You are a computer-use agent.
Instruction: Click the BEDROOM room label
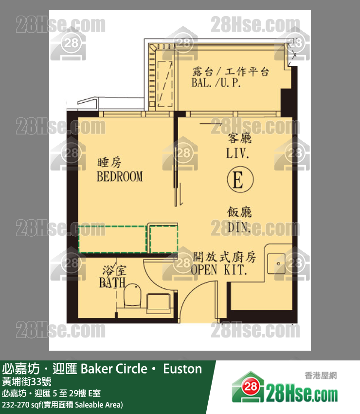(120, 177)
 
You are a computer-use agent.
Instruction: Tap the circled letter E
(240, 179)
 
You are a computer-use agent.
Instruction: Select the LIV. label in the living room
(237, 153)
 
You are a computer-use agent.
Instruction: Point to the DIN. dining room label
(239, 227)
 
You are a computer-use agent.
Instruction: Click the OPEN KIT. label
(219, 270)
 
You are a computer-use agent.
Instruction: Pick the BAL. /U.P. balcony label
(216, 83)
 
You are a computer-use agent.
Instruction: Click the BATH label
(112, 283)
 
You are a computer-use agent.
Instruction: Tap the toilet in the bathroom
(132, 295)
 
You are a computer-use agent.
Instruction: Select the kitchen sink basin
(276, 263)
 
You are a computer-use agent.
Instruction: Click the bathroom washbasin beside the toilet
(158, 303)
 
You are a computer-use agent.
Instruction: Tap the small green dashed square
(164, 239)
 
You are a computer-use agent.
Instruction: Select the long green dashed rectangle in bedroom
(112, 239)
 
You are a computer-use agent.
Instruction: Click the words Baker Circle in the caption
(114, 369)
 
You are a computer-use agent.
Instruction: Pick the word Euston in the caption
(182, 369)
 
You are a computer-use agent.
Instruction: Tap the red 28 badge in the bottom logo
(250, 387)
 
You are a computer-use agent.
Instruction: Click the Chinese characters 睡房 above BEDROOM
(109, 162)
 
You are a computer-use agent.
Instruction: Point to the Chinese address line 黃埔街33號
(27, 381)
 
